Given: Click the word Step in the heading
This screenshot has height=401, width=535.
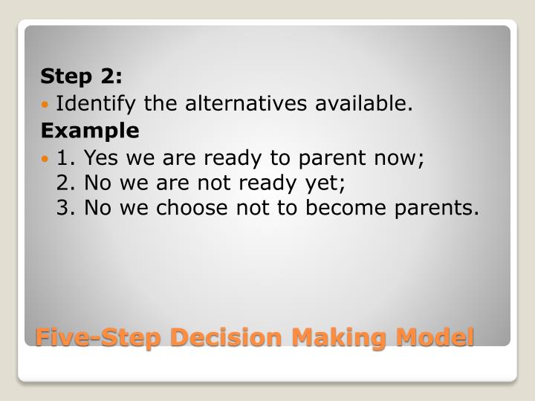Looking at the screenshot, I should tap(64, 76).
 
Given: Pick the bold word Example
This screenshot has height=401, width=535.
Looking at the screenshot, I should tap(90, 131).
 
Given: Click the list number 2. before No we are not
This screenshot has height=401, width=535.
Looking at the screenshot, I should tap(67, 183).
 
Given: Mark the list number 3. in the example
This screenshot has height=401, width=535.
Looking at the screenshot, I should tap(67, 208).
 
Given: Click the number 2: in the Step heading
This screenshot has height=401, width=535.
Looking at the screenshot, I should tap(110, 76).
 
